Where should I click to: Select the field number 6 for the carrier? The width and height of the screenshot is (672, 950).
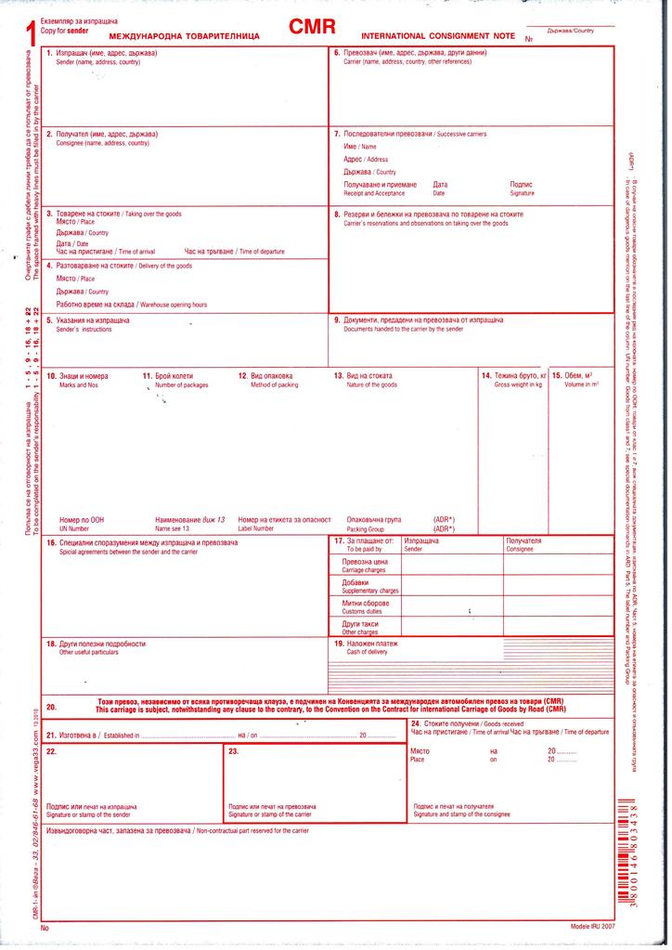337,53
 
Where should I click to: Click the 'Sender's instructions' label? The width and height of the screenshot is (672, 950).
77,330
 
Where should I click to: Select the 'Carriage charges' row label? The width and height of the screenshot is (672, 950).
363,569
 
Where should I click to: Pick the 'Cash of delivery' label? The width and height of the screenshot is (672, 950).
367,652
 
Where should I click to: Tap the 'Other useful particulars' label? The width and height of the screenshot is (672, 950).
89,652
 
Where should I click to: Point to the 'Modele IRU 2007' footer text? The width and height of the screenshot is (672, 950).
592,927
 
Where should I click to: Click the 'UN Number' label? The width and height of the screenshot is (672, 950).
73,527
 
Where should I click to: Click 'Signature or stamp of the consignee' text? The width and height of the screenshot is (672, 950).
461,813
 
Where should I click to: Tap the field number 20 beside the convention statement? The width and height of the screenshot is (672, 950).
51,707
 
